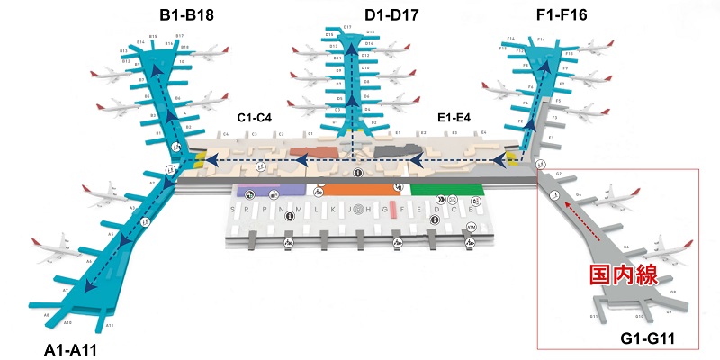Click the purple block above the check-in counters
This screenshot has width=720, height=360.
(x=270, y=191)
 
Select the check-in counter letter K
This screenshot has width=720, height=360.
(x=333, y=209)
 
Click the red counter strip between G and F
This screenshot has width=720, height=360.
(x=392, y=210)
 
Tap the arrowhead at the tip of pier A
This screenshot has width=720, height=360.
(x=87, y=285)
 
